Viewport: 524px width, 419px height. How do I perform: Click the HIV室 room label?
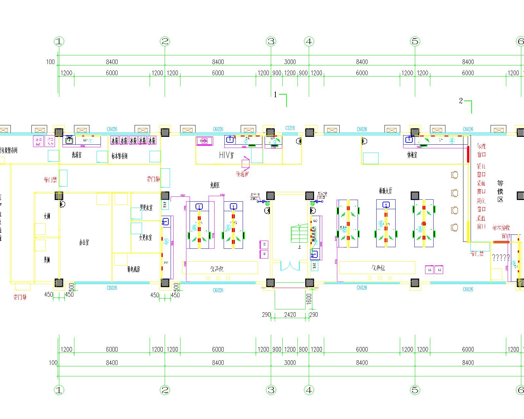pos(227,155)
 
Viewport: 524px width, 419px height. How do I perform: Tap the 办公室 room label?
pos(84,243)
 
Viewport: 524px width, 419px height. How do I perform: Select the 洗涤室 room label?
pos(77,155)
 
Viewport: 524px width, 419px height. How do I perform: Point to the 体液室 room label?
pos(412,155)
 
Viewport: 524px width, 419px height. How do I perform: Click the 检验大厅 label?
pos(385,191)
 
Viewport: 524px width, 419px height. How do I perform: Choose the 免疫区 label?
pos(215,186)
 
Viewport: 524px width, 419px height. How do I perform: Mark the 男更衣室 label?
pos(146,208)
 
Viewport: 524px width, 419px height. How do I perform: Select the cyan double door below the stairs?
pos(290,265)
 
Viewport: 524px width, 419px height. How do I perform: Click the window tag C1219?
pos(290,128)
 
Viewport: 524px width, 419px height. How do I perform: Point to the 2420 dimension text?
pos(290,315)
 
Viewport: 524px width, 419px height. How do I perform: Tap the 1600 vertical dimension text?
pos(309,299)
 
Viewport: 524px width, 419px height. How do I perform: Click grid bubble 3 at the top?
pos(271,42)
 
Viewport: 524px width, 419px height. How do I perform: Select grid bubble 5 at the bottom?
pos(415,390)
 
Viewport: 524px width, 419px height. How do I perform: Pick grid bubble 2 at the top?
pos(165,42)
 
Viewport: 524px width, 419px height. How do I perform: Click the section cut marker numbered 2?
pos(461,101)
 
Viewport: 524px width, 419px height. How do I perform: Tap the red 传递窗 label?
pos(242,173)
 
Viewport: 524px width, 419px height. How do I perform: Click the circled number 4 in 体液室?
pos(452,140)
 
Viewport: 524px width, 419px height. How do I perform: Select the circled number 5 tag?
pos(166,242)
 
